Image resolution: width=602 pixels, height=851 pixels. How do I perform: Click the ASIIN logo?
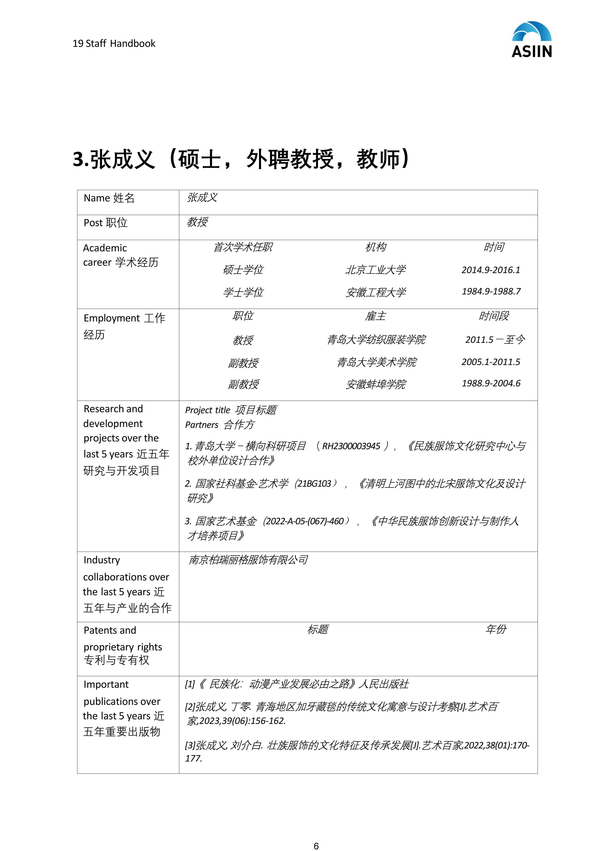[532, 40]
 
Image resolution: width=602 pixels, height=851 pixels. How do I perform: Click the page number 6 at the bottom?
[316, 843]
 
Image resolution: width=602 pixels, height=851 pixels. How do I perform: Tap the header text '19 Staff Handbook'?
[114, 44]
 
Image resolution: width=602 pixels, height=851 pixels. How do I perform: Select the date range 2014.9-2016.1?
[491, 270]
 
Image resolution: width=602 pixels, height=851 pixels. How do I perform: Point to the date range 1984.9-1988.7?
[491, 291]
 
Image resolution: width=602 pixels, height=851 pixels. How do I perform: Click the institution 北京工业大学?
[375, 270]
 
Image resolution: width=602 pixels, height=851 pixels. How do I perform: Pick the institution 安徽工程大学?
[375, 292]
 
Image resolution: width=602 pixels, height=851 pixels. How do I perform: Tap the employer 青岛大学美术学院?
[376, 362]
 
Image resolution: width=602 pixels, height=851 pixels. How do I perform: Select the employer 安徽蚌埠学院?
[375, 384]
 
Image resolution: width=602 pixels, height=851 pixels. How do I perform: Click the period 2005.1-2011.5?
[491, 362]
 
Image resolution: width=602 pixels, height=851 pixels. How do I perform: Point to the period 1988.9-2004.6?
[491, 383]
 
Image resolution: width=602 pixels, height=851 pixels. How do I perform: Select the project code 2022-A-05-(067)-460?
[305, 521]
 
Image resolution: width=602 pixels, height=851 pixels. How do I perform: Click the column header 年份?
[496, 629]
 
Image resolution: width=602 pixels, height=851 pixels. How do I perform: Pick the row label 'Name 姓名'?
[109, 198]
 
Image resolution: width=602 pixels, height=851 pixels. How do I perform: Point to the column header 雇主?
[375, 316]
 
